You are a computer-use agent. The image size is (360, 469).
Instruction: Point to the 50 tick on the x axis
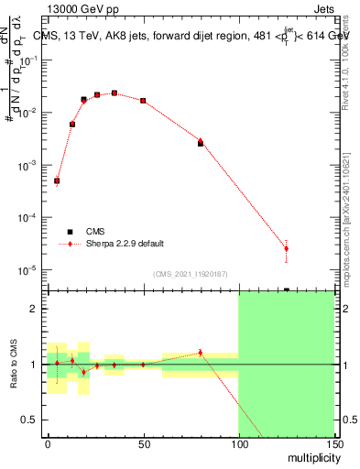(x=143, y=444)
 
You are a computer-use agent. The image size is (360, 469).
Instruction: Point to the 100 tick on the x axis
(x=238, y=444)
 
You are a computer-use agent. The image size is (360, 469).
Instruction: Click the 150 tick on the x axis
(x=333, y=444)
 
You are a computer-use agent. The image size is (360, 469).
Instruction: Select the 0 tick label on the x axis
(x=48, y=444)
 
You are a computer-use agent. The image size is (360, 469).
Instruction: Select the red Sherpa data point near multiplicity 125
(x=286, y=248)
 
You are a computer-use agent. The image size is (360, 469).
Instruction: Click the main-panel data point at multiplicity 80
(x=200, y=143)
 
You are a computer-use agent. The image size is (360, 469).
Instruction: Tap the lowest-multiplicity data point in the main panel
(x=57, y=181)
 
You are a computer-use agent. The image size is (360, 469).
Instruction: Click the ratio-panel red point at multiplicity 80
(x=200, y=353)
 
